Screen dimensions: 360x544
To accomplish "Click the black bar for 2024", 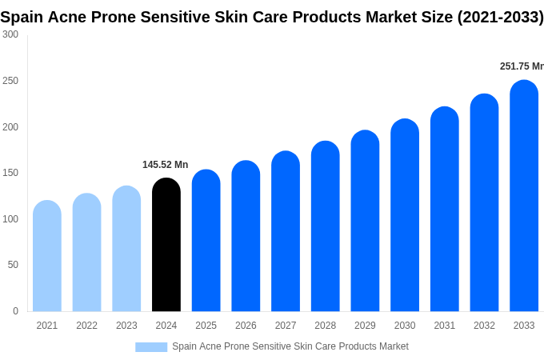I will [x=166, y=245].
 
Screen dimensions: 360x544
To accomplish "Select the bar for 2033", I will [x=524, y=196].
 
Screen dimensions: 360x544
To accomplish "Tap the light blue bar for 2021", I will [x=47, y=256].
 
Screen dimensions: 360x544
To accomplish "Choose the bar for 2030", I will [x=405, y=215].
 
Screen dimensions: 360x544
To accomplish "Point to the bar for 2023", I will [x=126, y=249].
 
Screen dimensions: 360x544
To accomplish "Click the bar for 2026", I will [x=246, y=236].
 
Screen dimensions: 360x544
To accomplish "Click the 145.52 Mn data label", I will [x=165, y=165].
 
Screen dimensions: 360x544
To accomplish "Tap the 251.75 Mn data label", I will [x=521, y=66].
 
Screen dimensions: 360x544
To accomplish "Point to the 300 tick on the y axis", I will [x=10, y=34].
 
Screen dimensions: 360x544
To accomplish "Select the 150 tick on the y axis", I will [x=10, y=173].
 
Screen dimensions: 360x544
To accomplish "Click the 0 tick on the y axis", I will [x=15, y=311].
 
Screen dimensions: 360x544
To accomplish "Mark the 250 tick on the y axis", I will [x=10, y=81].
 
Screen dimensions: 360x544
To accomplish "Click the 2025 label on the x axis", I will [x=206, y=326].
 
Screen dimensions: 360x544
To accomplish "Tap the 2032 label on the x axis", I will [x=484, y=326].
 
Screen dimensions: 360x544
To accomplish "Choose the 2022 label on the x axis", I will [x=86, y=326].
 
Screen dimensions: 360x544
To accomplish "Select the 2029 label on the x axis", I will [x=365, y=326].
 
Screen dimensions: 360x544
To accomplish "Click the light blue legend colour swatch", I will [x=151, y=346].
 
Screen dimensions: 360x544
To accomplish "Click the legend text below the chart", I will [x=290, y=346].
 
